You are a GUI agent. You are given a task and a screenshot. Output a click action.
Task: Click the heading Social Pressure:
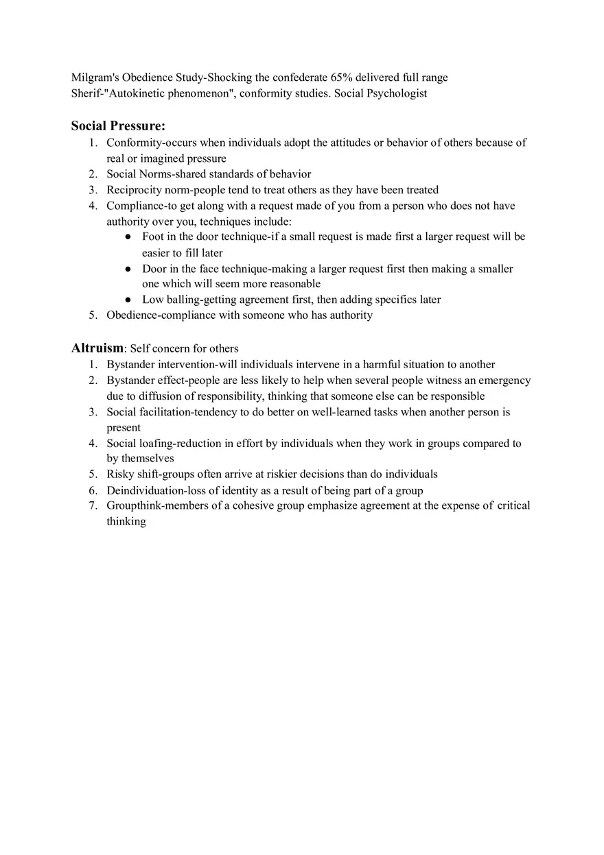[118, 125]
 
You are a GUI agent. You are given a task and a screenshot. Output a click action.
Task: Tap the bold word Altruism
[97, 348]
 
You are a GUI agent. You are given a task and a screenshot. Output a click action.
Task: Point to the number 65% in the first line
[342, 77]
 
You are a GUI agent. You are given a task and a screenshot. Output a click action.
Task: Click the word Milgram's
[95, 77]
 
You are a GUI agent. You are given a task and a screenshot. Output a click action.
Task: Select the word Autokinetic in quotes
[137, 93]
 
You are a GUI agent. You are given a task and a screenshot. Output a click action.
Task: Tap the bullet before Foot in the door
[128, 237]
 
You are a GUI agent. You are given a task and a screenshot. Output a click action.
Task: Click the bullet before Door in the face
[128, 269]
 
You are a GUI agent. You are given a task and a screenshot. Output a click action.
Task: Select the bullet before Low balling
[128, 300]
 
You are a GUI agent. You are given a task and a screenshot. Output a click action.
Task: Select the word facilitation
[165, 412]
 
